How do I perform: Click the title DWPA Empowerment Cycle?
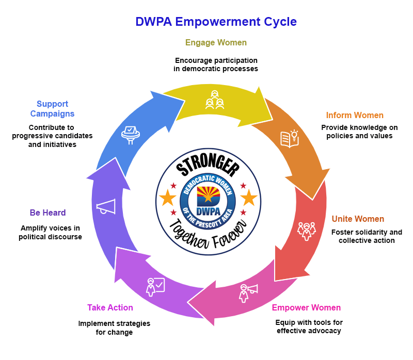coord(216,22)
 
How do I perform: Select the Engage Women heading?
coord(216,42)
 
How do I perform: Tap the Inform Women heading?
coord(355,115)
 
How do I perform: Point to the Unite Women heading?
coord(358,219)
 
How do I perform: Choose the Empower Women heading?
coord(306,308)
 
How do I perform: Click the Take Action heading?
coord(110,308)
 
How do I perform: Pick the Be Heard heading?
coord(47,212)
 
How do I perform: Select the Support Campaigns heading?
coord(52,109)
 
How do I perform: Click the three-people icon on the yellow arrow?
coord(215,100)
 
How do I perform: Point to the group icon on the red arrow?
coord(307,231)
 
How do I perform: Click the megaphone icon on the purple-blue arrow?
coord(106,206)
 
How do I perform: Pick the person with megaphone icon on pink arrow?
coord(247,292)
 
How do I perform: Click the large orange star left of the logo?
coord(167,197)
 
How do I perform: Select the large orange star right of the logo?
coord(249,197)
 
